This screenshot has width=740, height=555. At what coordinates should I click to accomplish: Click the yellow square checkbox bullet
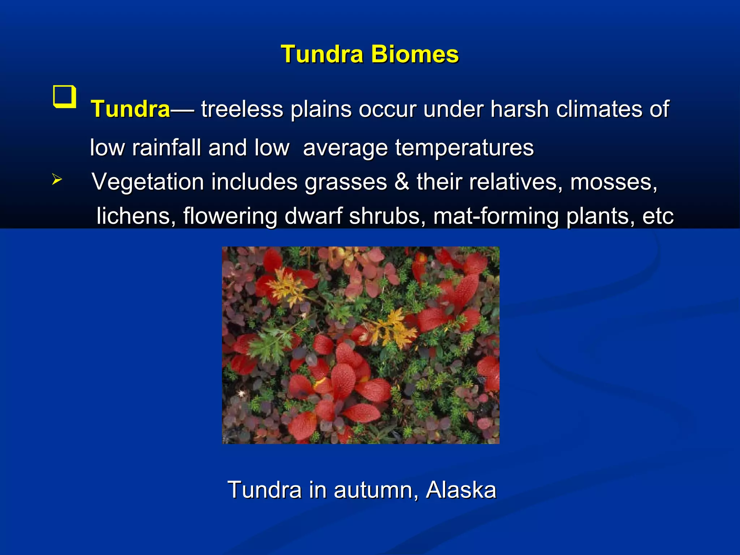[65, 96]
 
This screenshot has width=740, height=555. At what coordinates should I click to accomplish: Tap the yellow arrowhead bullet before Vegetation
[57, 179]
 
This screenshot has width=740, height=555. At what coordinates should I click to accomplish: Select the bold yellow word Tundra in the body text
[130, 109]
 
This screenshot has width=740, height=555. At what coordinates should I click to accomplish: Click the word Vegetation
[148, 182]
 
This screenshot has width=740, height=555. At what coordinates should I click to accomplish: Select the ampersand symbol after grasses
[401, 182]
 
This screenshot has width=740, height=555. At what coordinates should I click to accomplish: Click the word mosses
[613, 182]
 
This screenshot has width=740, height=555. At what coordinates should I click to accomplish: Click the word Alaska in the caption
[461, 490]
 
